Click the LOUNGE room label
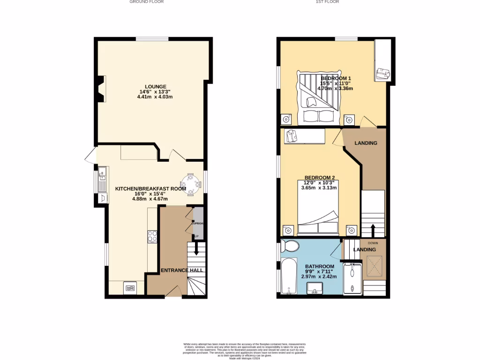[155, 87]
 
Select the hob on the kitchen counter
[152, 236]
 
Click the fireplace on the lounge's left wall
[101, 89]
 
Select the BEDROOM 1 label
[336, 78]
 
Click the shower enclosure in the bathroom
[352, 279]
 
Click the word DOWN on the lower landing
[373, 243]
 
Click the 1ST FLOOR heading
[328, 2]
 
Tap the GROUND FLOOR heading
[146, 2]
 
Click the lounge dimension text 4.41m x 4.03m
[155, 97]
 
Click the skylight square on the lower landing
[374, 265]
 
